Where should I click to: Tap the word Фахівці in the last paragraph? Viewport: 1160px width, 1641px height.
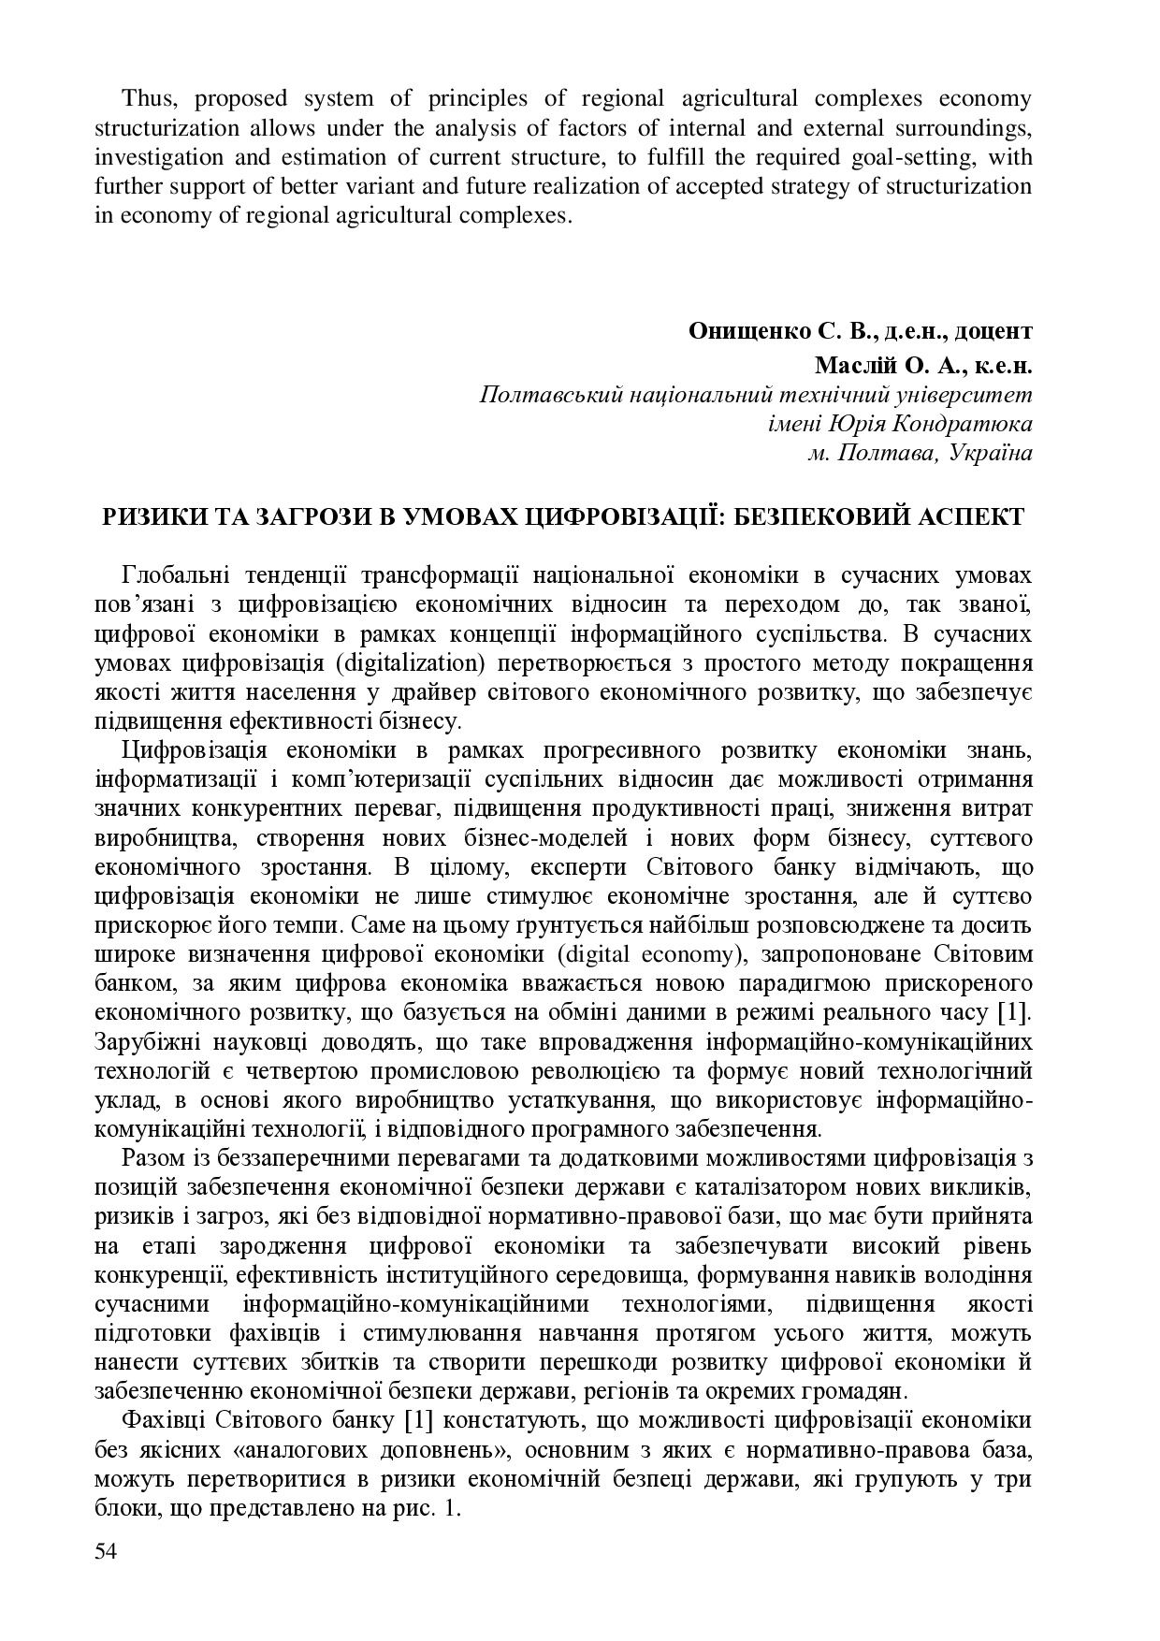[162, 1420]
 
